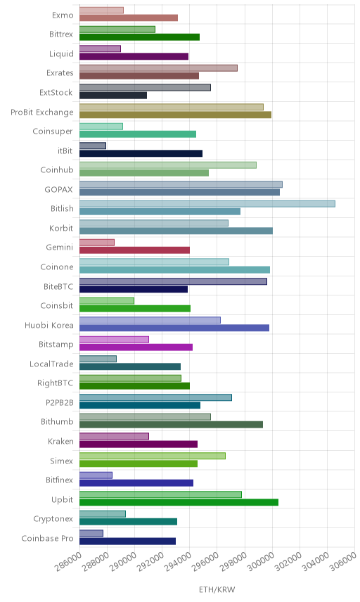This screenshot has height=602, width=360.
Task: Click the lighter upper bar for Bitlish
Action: [207, 204]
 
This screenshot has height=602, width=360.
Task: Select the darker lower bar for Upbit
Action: [179, 502]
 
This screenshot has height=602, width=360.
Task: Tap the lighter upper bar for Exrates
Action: [158, 68]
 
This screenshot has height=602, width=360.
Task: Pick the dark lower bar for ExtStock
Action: [113, 95]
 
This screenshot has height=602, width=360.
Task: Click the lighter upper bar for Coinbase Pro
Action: [91, 533]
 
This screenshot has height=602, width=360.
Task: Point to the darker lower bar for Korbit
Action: [176, 231]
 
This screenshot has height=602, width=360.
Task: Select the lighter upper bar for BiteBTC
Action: [174, 281]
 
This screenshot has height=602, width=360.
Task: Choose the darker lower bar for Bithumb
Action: [171, 425]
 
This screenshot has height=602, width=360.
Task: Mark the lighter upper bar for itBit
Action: [93, 146]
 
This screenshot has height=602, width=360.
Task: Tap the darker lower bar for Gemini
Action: [135, 250]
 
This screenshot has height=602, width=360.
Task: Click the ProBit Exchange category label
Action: [41, 112]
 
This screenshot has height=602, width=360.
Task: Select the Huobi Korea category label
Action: [49, 325]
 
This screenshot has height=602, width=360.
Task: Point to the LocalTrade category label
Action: [51, 364]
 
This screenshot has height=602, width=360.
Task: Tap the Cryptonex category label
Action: [53, 519]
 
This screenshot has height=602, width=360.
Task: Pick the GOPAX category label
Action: [58, 189]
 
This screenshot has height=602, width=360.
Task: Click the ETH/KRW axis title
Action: [217, 590]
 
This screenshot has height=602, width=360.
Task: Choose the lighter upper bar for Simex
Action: [153, 456]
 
